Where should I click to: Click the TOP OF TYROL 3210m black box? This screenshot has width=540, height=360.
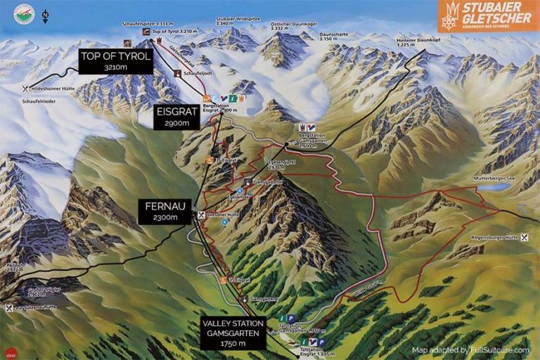tap(115, 62)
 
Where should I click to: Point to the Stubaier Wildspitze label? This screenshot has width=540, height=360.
tap(235, 21)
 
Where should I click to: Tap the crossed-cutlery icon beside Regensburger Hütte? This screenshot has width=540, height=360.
tap(524, 238)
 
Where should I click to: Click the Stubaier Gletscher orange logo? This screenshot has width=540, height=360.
tap(485, 17)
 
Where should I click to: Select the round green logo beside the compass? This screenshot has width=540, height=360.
tap(24, 14)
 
